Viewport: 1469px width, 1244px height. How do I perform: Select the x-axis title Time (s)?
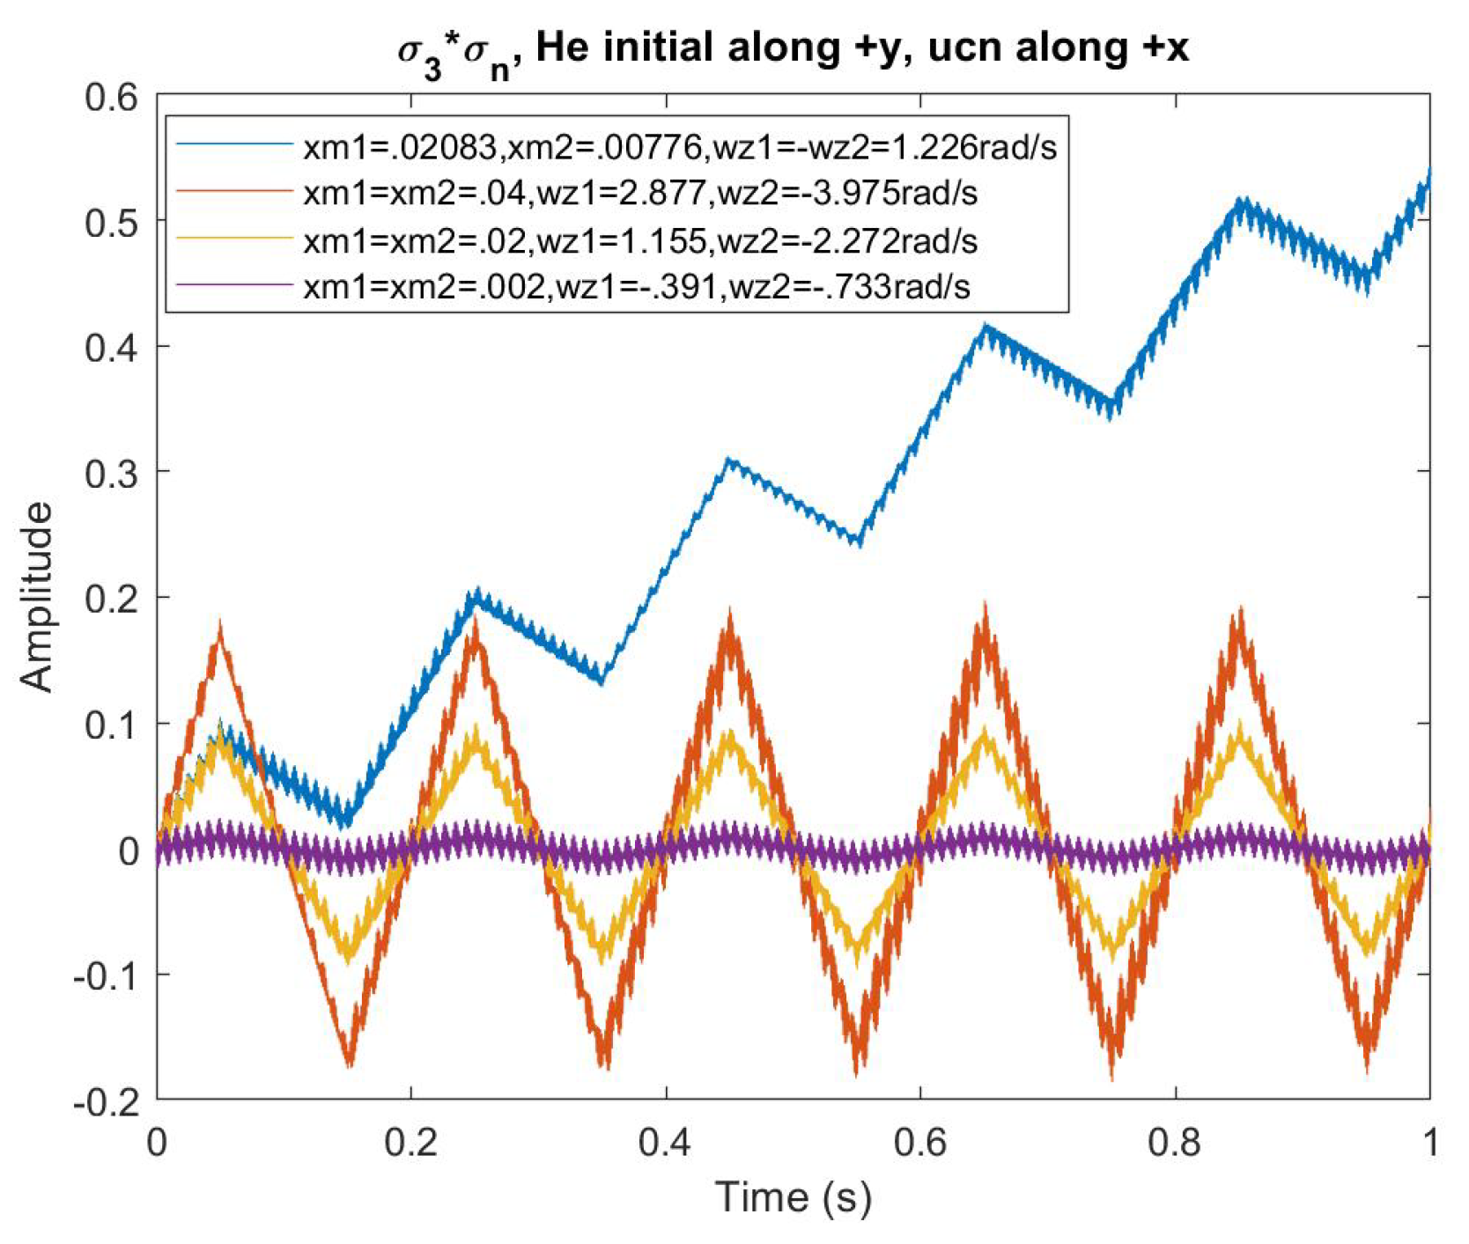[793, 1196]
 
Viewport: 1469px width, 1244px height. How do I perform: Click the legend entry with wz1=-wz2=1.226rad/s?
[679, 147]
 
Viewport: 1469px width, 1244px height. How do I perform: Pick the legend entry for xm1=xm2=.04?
[640, 193]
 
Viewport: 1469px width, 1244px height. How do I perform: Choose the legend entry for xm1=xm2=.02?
[640, 240]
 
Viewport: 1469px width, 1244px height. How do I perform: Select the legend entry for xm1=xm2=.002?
[636, 286]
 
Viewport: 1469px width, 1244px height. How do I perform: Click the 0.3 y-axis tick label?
[112, 473]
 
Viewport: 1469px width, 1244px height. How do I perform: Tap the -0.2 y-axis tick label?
[106, 1101]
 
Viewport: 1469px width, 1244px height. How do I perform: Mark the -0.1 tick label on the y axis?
[106, 975]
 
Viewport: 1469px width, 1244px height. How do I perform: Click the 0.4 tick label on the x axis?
[666, 1142]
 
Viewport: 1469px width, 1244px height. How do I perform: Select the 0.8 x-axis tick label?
[1175, 1142]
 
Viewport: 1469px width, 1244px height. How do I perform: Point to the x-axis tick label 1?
[1428, 1142]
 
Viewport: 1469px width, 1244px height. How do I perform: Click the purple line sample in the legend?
[233, 285]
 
